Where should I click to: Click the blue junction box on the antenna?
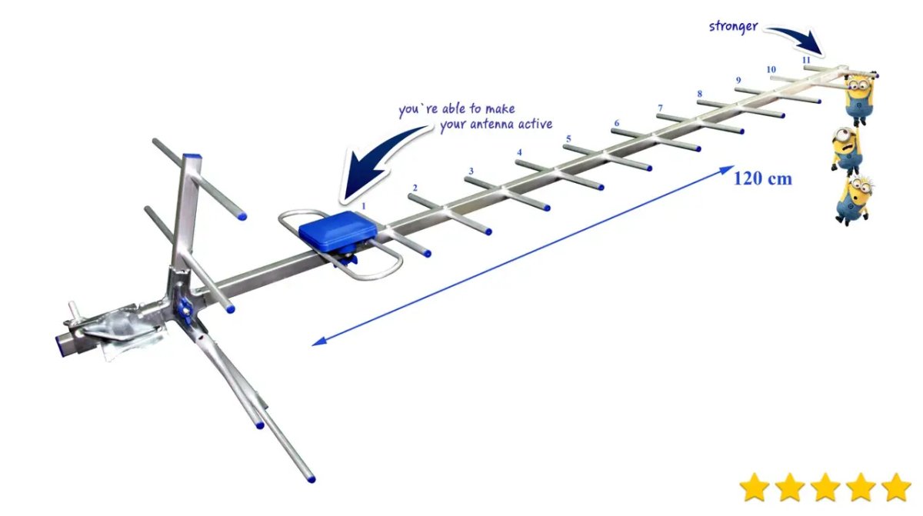point(336,230)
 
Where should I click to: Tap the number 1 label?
point(365,206)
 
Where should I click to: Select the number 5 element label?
point(568,139)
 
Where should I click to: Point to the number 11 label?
point(805,59)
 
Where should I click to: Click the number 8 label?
point(699,94)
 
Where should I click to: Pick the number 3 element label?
point(471,171)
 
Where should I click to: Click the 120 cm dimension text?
point(762,178)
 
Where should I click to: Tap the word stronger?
point(733,26)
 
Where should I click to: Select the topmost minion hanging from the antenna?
point(858,97)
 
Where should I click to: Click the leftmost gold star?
point(755,487)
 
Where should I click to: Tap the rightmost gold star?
point(896,487)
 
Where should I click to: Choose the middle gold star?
point(825,487)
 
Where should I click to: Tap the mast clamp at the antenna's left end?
point(115,327)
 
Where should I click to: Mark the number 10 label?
point(771,69)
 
